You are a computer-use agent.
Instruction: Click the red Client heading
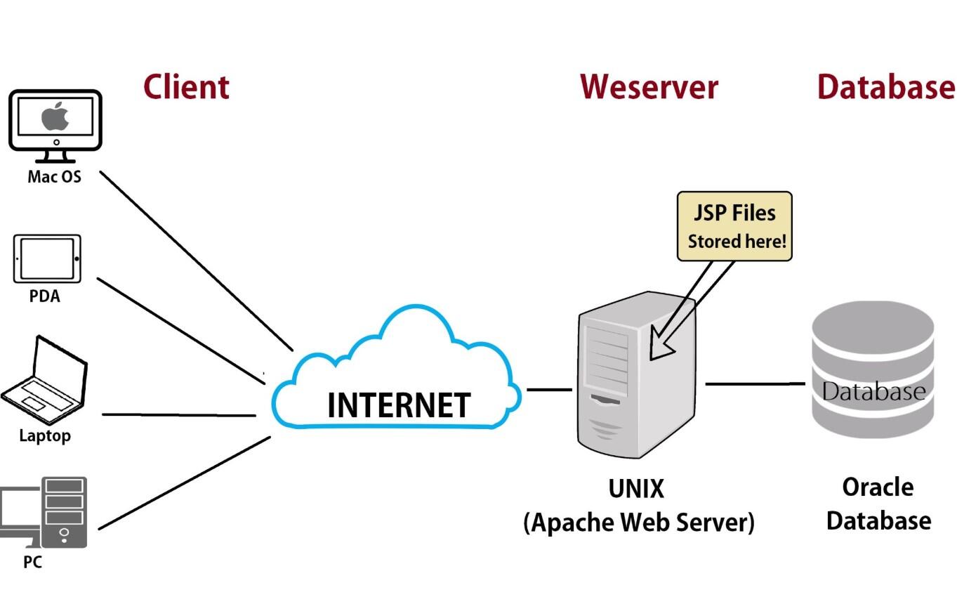(x=186, y=87)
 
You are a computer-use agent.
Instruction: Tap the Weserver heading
(x=649, y=87)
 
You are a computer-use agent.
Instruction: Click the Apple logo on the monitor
(x=55, y=116)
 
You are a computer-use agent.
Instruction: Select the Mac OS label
(x=54, y=176)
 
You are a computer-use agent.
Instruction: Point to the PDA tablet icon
(x=47, y=258)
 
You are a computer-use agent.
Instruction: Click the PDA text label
(x=44, y=296)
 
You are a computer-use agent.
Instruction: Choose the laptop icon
(x=44, y=380)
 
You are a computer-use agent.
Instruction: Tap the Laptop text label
(x=45, y=436)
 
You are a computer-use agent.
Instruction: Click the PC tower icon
(x=64, y=512)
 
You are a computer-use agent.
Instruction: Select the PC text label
(x=32, y=562)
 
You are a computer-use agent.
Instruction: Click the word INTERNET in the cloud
(x=399, y=405)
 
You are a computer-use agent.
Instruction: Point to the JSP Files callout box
(x=734, y=226)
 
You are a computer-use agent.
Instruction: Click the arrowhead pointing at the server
(x=659, y=346)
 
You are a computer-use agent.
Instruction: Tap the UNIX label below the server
(x=636, y=489)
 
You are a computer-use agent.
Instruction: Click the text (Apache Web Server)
(x=639, y=523)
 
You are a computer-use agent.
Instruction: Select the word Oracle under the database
(x=878, y=487)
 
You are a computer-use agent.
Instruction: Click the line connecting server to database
(x=755, y=384)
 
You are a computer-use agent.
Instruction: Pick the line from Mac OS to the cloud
(x=196, y=261)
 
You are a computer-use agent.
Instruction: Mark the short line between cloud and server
(x=550, y=389)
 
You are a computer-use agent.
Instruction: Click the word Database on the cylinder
(x=873, y=391)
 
